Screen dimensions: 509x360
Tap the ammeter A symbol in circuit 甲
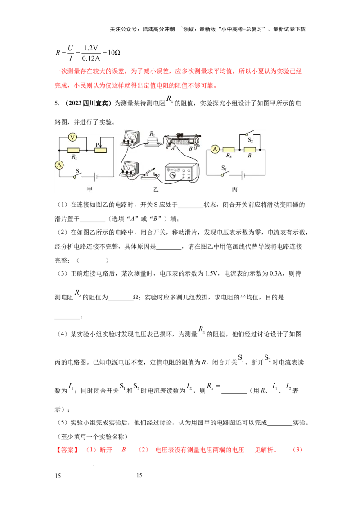coord(59,165)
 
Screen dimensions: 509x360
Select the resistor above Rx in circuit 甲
coord(73,150)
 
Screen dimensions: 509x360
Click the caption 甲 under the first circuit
coord(89,190)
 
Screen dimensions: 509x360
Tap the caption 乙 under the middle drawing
coord(156,190)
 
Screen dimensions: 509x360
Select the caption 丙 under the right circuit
coord(234,190)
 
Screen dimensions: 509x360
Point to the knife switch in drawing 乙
coord(150,174)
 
